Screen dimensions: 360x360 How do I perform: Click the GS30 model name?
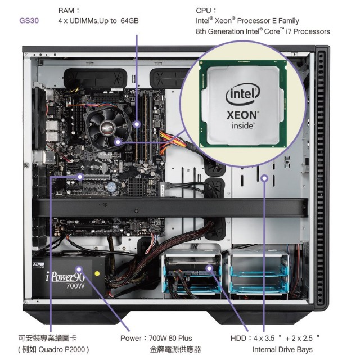tap(29, 21)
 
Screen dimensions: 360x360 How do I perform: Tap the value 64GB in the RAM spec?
tap(129, 21)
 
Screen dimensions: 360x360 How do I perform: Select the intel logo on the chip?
tap(243, 94)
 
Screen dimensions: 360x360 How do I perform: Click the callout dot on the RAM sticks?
tap(137, 124)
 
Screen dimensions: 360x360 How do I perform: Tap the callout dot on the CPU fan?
tap(118, 142)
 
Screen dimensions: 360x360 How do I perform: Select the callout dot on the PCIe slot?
tap(80, 177)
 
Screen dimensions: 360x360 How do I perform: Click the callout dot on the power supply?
tap(79, 269)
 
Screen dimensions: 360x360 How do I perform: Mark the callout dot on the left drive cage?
tap(209, 268)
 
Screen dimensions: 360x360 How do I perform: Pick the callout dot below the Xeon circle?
tap(265, 178)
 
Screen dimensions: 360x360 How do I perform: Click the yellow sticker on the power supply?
tap(97, 273)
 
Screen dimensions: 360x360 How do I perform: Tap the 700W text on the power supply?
tap(75, 286)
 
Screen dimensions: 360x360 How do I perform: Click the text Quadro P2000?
tap(62, 349)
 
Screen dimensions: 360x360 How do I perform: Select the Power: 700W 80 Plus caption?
tap(156, 338)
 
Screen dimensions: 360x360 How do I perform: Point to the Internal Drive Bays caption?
tap(282, 349)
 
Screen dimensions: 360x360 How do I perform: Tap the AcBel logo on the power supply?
tap(39, 265)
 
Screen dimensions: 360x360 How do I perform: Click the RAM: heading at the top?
tap(69, 11)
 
